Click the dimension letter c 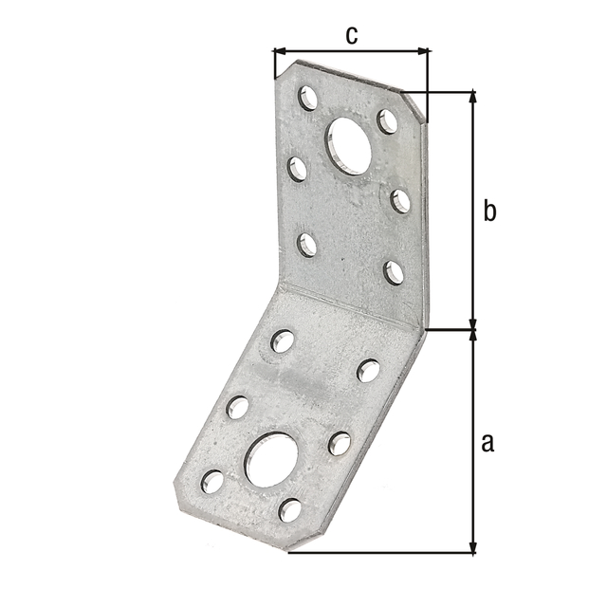tap(352, 36)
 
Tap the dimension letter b tap(489, 211)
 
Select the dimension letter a tap(487, 443)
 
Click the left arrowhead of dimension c tap(280, 50)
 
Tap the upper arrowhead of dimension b tap(472, 97)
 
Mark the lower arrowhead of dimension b tap(472, 323)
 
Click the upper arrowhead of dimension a tap(472, 337)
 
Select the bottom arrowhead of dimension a tap(472, 546)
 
